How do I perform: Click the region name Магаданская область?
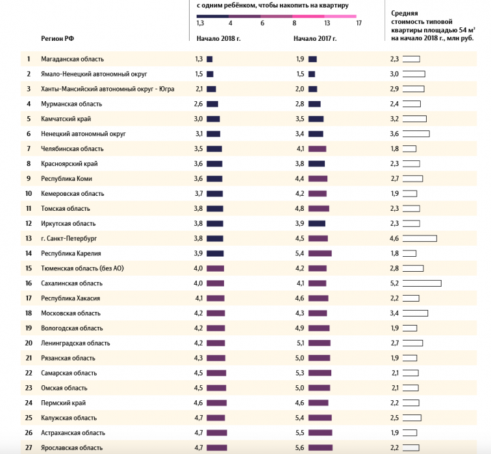pyautogui.click(x=72, y=59)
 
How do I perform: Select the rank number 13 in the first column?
pyautogui.click(x=29, y=239)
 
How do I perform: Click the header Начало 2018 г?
pyautogui.click(x=218, y=38)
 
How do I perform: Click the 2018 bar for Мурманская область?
pyautogui.click(x=212, y=104)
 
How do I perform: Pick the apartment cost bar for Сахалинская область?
pyautogui.click(x=422, y=283)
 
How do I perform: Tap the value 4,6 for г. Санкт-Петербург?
pyautogui.click(x=394, y=239)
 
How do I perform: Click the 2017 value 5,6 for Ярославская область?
pyautogui.click(x=300, y=448)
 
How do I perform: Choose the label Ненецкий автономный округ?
pyautogui.click(x=83, y=134)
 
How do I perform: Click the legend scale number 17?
pyautogui.click(x=359, y=23)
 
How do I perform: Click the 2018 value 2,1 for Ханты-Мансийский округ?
pyautogui.click(x=199, y=89)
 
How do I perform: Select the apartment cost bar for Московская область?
pyautogui.click(x=415, y=313)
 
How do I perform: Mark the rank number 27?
pyautogui.click(x=29, y=448)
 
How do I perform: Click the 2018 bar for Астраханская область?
pyautogui.click(x=217, y=433)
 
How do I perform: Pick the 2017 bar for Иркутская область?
pyautogui.click(x=317, y=224)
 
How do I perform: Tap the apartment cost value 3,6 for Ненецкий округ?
pyautogui.click(x=394, y=134)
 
